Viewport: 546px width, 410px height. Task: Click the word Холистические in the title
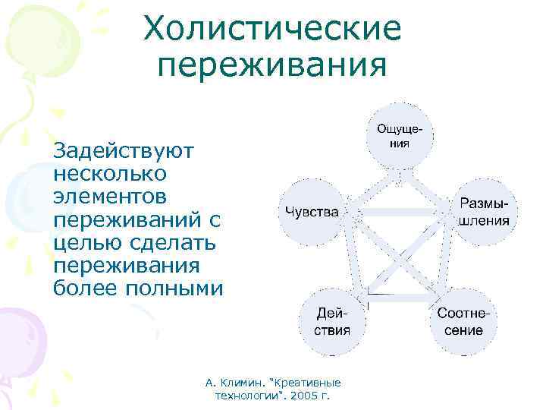coord(272,30)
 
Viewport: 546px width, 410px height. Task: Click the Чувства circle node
coord(312,212)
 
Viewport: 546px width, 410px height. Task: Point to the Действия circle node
coord(333,320)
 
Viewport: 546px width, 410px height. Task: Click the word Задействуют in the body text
coord(124,150)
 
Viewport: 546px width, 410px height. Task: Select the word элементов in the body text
coord(111,196)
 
